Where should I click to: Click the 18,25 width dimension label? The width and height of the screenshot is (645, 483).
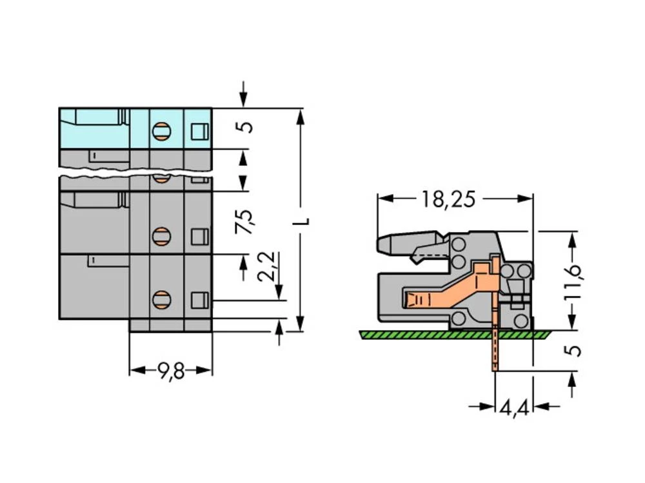coord(448,199)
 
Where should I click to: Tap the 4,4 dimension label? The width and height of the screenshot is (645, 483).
coord(515,408)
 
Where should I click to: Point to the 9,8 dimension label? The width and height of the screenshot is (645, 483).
coord(171,371)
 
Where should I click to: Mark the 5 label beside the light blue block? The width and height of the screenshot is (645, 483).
coord(245,126)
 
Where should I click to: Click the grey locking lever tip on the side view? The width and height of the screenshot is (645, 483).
coord(382,244)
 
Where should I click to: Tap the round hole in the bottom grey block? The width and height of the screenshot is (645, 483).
coord(161,299)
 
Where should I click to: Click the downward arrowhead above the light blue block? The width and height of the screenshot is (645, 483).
coord(243,101)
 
